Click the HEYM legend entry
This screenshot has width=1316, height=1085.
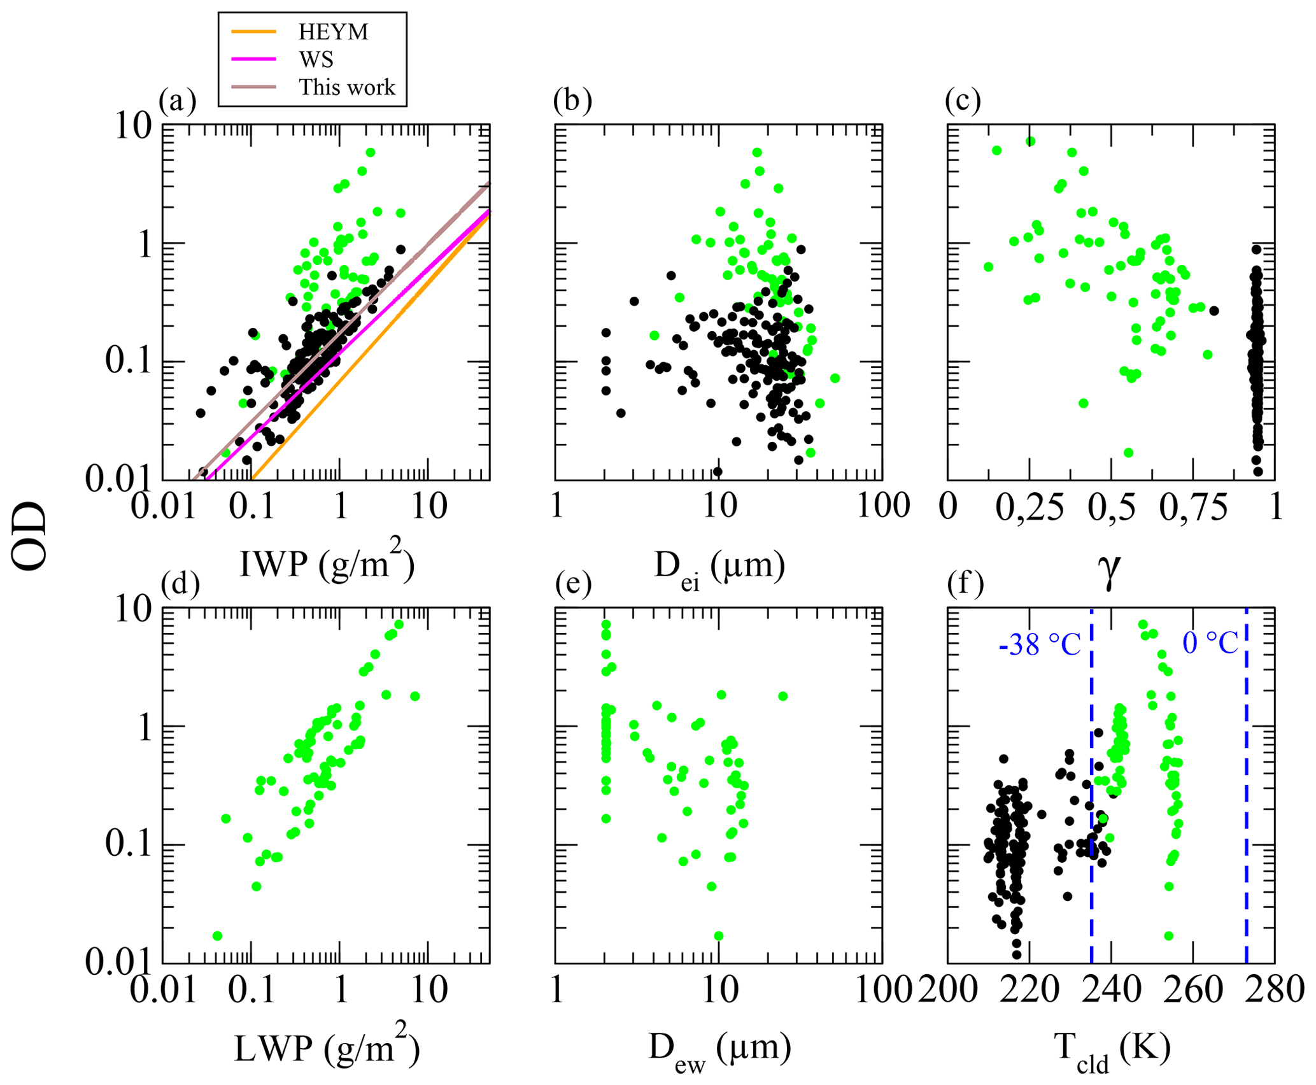[x=333, y=32]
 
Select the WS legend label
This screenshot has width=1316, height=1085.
[x=316, y=60]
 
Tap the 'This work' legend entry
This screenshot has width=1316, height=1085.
[x=347, y=87]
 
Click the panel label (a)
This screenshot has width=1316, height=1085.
[x=178, y=100]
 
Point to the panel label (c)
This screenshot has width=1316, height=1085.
[x=963, y=100]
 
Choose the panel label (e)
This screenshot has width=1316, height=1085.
[x=573, y=583]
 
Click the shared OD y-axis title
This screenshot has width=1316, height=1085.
[x=30, y=536]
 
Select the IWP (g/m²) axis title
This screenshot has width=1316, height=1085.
[x=326, y=561]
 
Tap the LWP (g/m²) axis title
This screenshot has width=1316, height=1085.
[x=326, y=1047]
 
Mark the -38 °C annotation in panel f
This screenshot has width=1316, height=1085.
[x=1040, y=646]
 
